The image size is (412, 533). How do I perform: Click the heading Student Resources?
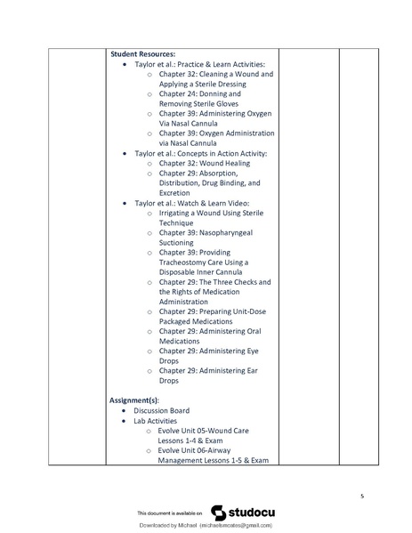tap(142, 53)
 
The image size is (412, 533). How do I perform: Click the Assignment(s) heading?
tap(133, 400)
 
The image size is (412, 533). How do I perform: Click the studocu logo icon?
tap(218, 513)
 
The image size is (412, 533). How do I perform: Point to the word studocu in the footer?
tap(252, 513)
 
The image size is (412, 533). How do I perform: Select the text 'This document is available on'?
tap(169, 514)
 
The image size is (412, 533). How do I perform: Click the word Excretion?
tap(174, 193)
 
